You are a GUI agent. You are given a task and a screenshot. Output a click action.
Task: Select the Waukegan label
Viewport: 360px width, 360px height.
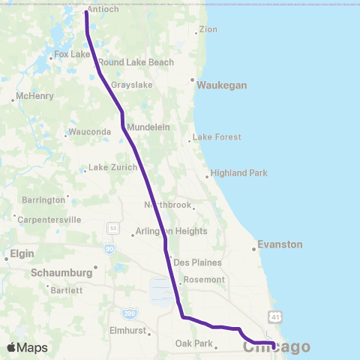click(x=221, y=85)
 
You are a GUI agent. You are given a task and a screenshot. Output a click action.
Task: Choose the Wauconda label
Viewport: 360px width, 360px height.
click(x=90, y=132)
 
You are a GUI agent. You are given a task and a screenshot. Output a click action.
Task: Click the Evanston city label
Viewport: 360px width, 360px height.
click(x=279, y=244)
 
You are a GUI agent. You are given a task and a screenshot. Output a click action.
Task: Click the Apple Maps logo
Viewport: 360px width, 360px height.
click(x=27, y=347)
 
